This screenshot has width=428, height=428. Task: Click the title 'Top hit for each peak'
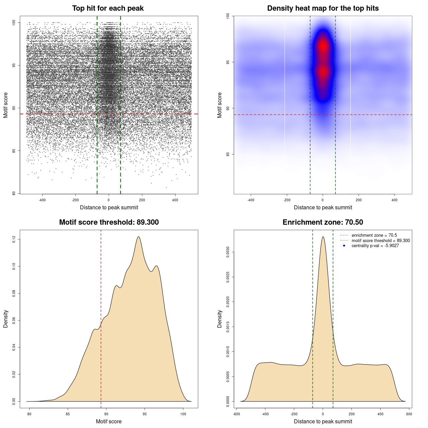click(x=108, y=8)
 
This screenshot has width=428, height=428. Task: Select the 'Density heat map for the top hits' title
click(x=323, y=8)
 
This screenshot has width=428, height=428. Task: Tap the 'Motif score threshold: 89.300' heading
click(x=109, y=222)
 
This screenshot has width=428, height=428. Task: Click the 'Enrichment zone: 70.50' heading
click(x=323, y=222)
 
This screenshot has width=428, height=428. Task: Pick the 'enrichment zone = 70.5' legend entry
click(x=374, y=235)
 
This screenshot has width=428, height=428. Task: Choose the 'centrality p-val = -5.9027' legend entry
click(x=375, y=246)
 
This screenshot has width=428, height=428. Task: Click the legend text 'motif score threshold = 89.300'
click(x=381, y=241)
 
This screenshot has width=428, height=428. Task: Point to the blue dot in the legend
click(x=344, y=246)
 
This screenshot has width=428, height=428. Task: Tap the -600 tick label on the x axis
click(x=236, y=414)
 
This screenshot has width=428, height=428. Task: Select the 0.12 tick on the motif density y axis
click(x=14, y=239)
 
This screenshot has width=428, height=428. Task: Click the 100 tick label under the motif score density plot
click(x=183, y=414)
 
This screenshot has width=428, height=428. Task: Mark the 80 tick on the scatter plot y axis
click(x=14, y=193)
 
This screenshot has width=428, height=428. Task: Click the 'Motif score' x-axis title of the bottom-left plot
click(x=109, y=421)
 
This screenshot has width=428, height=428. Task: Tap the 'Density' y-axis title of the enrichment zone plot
click(x=220, y=319)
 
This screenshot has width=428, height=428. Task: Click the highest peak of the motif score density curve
click(x=138, y=237)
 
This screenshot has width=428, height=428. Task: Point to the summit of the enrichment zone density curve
click(x=323, y=237)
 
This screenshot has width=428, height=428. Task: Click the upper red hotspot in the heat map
click(x=323, y=46)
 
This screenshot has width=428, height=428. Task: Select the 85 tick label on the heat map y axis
click(x=228, y=154)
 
